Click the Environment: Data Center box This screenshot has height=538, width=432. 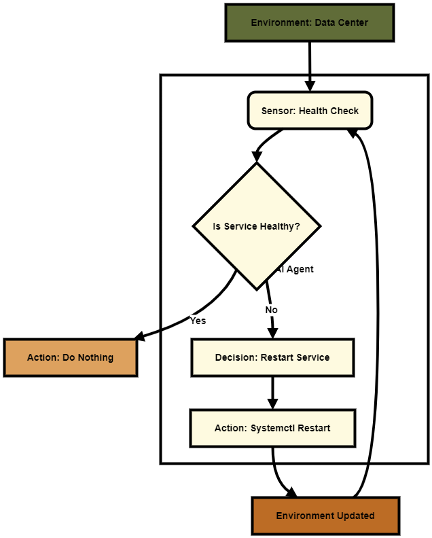[x=310, y=22]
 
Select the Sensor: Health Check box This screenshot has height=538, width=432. [x=310, y=111]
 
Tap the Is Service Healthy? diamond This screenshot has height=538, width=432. [x=257, y=226]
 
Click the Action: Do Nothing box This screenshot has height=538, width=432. [x=71, y=357]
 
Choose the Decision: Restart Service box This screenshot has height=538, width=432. [x=272, y=357]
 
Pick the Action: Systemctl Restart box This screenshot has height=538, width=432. [x=272, y=428]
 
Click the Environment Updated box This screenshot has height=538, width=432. [x=325, y=516]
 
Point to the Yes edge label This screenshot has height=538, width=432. [x=198, y=321]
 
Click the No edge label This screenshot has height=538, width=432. [x=271, y=310]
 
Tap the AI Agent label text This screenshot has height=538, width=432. [x=295, y=269]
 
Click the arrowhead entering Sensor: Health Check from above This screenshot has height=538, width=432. [x=310, y=86]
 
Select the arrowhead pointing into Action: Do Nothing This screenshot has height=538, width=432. [x=139, y=336]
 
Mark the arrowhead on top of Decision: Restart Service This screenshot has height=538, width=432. [x=272, y=333]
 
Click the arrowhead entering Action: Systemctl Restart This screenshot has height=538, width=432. [x=272, y=403]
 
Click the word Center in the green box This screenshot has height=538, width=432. [x=351, y=22]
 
